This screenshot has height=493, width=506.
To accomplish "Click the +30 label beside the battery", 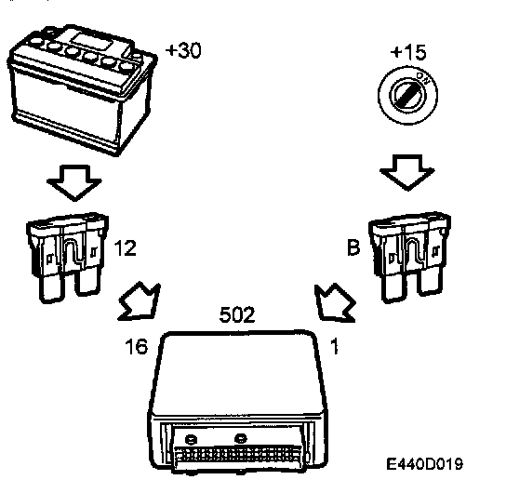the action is [183, 50].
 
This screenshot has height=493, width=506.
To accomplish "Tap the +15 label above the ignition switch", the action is [408, 53].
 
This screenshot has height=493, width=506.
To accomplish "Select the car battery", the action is [82, 89].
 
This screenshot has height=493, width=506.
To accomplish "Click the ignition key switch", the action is [408, 95].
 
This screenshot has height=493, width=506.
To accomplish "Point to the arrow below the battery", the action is [74, 183].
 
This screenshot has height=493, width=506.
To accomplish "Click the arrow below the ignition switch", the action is [407, 173].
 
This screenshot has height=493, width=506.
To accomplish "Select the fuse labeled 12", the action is [68, 258].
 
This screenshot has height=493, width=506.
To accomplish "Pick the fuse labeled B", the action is [409, 257].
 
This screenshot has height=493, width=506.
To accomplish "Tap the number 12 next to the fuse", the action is [126, 247].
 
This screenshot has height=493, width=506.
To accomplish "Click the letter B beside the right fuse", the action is [353, 247].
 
